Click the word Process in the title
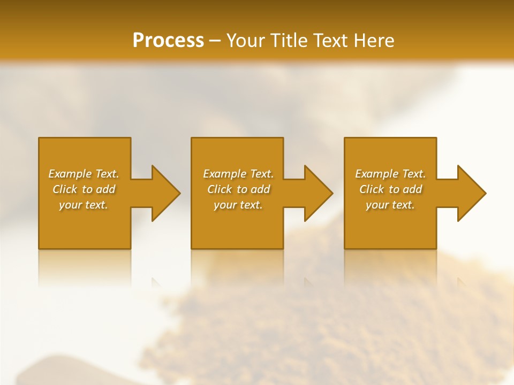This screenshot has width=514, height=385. tap(168, 41)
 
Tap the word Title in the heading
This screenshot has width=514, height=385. tap(290, 41)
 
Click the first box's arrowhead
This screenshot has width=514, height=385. tap(164, 193)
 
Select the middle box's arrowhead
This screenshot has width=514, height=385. tap(316, 193)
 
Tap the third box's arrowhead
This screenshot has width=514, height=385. tap(470, 193)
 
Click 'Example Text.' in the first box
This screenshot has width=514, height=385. tap(84, 174)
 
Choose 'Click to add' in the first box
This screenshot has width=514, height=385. tap(84, 189)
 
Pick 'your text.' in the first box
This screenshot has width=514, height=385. tap(84, 205)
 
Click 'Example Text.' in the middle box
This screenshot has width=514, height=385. tap(238, 174)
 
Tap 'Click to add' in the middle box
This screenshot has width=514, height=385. tap(238, 189)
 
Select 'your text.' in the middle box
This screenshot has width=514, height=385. tap(238, 205)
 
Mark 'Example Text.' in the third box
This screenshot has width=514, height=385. tap(390, 174)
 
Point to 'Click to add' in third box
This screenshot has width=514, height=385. tap(390, 189)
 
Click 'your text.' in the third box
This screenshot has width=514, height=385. tap(390, 205)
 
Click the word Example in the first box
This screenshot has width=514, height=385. tap(70, 174)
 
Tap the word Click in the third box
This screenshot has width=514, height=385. tap(372, 189)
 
